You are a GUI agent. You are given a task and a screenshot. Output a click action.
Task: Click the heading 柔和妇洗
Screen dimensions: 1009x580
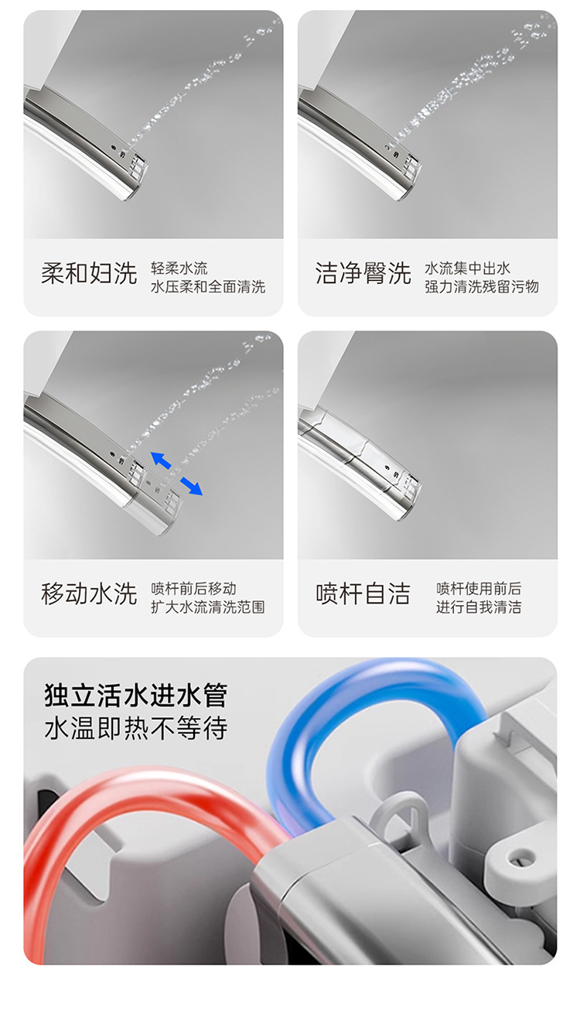(89, 273)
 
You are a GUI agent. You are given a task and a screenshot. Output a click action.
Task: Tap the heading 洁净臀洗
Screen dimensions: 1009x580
(363, 273)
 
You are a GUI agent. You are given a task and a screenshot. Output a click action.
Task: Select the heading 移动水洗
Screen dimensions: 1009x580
(89, 593)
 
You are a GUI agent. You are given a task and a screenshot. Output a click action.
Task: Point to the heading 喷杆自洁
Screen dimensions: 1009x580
(363, 593)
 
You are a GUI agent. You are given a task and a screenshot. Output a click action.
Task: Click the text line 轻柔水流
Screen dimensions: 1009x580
(179, 268)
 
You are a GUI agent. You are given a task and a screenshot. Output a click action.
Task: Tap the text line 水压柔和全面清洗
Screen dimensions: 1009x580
(208, 287)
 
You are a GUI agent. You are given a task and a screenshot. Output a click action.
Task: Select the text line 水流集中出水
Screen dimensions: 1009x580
(467, 268)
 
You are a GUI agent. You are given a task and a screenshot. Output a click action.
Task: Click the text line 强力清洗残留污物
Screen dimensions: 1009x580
(481, 287)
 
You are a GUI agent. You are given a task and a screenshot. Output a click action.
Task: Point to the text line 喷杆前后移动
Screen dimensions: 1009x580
(193, 589)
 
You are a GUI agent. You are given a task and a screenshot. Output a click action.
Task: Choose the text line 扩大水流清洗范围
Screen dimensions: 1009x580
(208, 607)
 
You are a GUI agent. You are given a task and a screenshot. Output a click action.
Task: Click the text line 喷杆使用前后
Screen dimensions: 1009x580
(479, 589)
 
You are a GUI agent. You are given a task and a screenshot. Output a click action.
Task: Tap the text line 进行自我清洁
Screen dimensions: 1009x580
(479, 607)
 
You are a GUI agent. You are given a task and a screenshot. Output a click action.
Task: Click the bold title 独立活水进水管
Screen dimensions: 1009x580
(136, 695)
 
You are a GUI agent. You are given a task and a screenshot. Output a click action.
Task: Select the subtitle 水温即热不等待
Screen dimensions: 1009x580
(136, 728)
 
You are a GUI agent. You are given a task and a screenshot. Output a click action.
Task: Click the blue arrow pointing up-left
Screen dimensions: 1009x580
(161, 460)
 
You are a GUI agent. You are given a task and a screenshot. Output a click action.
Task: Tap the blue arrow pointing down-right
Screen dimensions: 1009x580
(191, 485)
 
